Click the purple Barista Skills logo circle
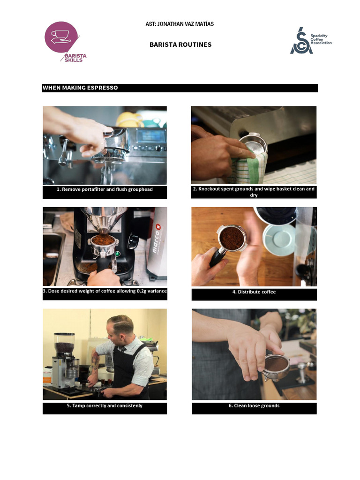point(61,37)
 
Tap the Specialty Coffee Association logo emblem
point(301,40)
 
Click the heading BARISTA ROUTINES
point(180,45)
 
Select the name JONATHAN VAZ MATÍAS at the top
point(186,24)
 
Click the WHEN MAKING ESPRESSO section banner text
point(80,88)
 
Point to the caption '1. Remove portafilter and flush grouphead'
point(105,189)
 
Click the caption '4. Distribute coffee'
point(254,292)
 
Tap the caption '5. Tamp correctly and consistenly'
point(105,405)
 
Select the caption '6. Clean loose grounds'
point(254,405)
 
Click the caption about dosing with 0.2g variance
point(105,291)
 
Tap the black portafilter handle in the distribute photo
point(217,258)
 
